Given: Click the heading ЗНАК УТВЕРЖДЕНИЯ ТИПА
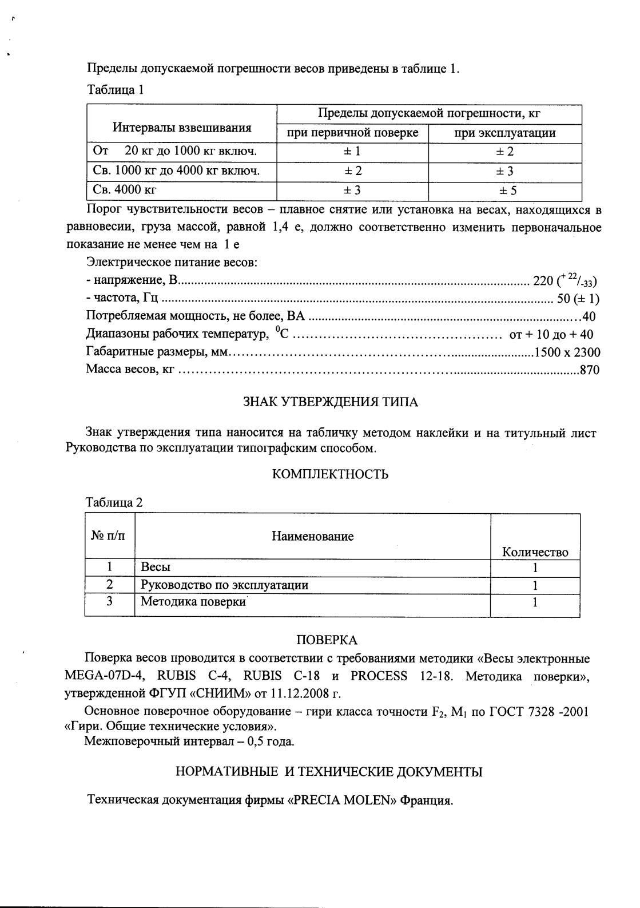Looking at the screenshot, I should (x=330, y=402).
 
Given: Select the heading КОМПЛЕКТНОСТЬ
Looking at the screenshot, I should (x=330, y=475).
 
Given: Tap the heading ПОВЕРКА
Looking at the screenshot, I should (x=327, y=640).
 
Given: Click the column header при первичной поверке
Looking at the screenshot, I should (x=353, y=133).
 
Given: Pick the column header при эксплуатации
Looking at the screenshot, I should (x=505, y=133).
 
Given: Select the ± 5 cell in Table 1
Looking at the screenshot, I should (x=505, y=191).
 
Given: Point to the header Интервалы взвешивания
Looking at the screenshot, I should (x=182, y=128).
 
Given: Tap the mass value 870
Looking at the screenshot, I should (x=590, y=370).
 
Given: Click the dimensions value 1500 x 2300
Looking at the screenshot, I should (x=567, y=352).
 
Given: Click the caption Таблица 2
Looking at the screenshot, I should (x=114, y=503).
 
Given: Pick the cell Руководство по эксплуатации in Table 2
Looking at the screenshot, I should (x=224, y=585).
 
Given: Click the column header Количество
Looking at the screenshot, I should (x=535, y=552).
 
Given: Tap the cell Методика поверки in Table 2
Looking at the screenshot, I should (x=193, y=602).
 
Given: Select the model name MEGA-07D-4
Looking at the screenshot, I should (x=102, y=676).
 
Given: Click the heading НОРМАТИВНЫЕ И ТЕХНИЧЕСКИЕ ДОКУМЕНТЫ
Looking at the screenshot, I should (x=329, y=772).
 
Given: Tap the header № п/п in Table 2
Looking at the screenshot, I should (x=110, y=536).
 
